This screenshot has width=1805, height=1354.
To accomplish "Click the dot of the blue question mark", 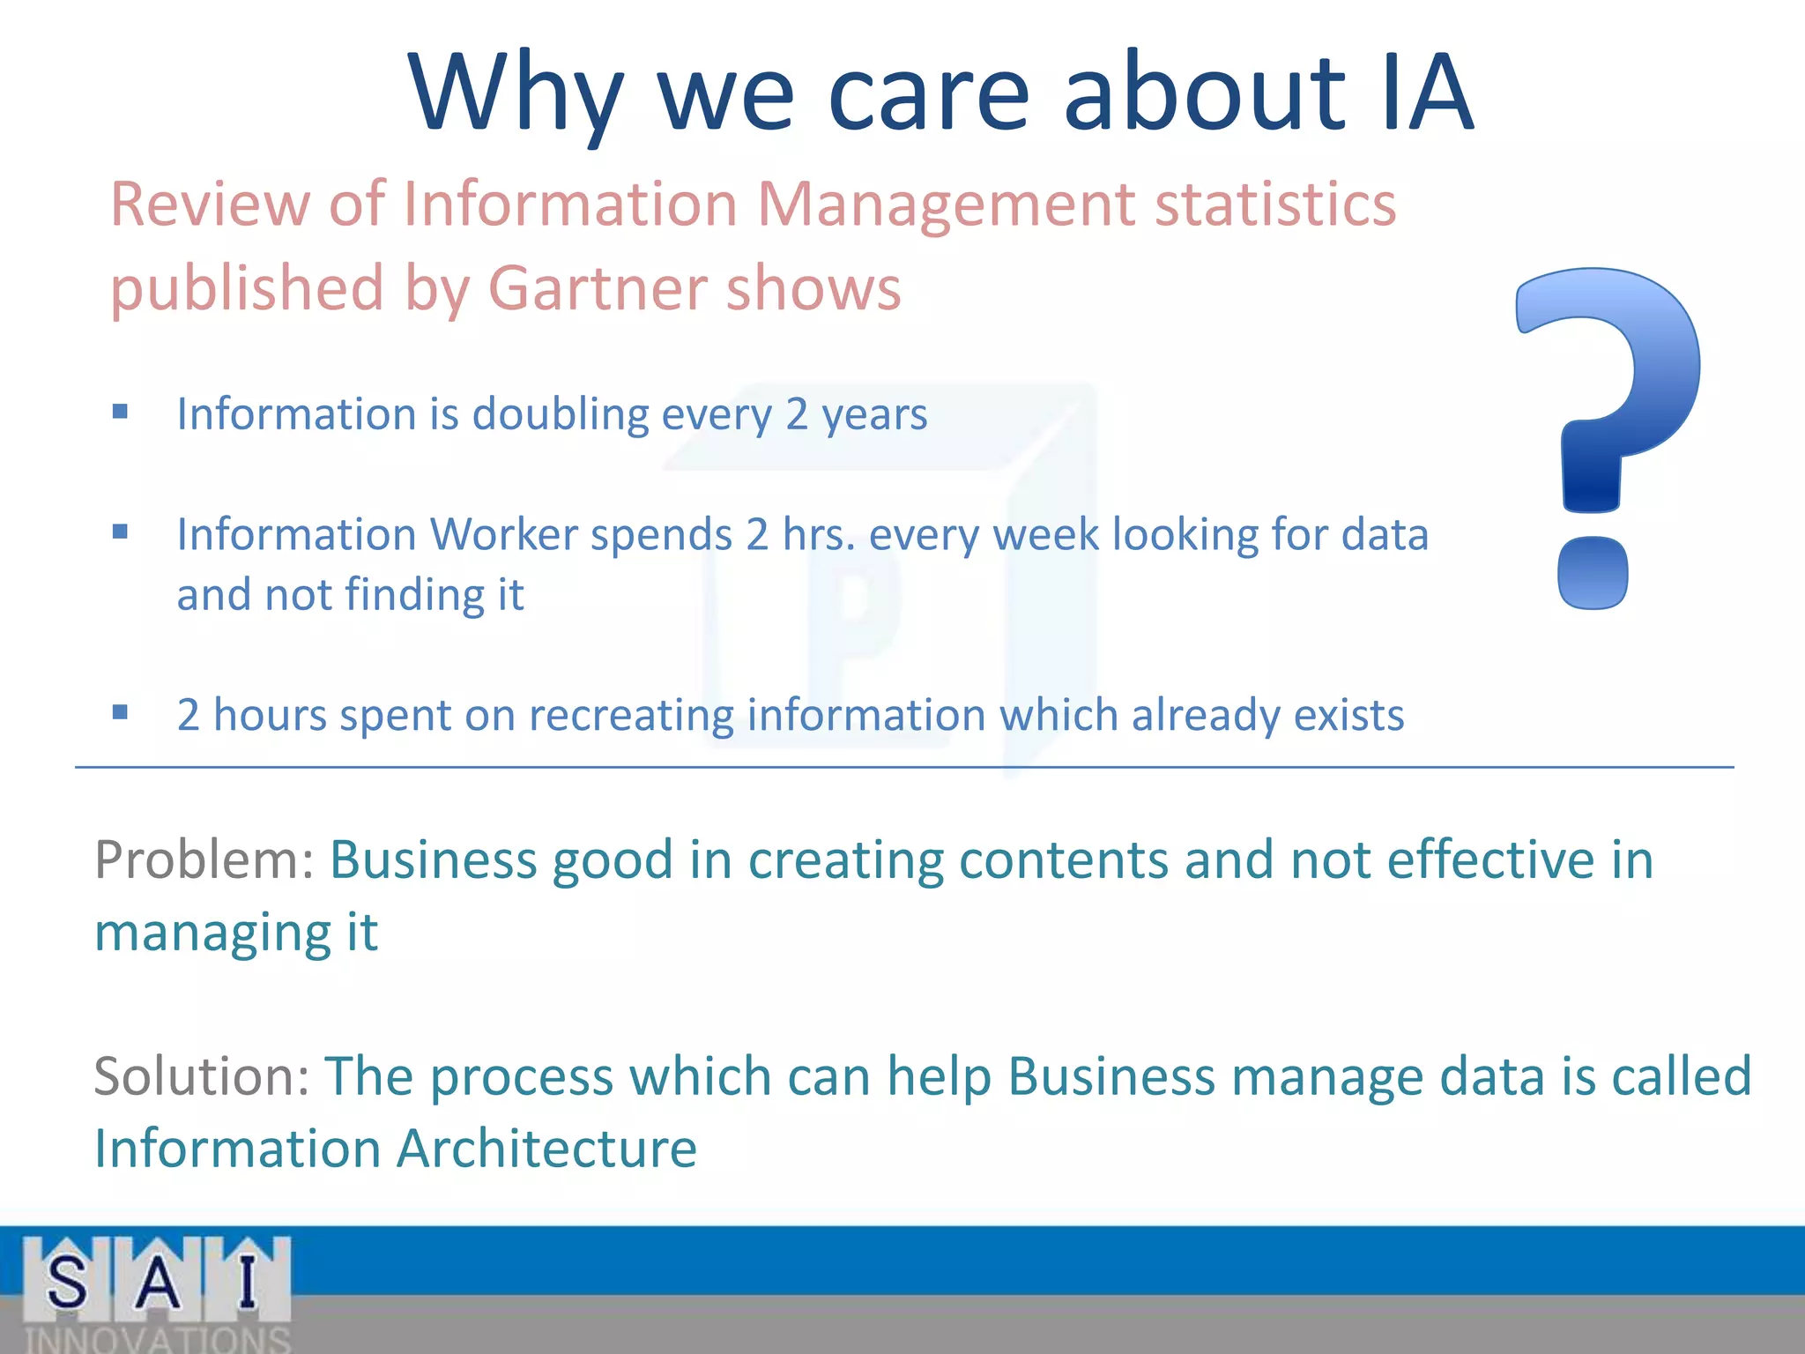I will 1593,573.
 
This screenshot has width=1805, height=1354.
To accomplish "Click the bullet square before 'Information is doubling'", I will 121,412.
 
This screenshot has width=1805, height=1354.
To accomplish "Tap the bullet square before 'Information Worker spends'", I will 121,532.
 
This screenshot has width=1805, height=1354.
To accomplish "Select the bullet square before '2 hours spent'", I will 121,712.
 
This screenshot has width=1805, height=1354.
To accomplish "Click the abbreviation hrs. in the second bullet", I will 819,534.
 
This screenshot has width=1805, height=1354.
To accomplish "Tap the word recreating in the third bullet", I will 630,715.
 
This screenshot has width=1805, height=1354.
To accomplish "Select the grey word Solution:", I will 202,1076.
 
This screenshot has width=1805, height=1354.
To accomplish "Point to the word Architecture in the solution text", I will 546,1149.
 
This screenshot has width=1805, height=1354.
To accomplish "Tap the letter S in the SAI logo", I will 67,1283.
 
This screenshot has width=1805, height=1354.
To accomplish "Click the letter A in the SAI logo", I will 158,1283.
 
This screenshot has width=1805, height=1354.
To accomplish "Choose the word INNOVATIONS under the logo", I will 157,1339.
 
